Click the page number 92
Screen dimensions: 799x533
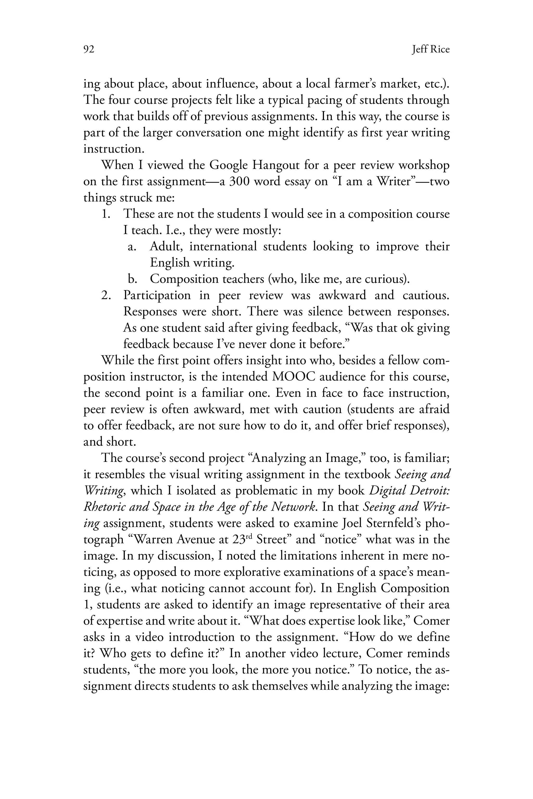pyautogui.click(x=88, y=50)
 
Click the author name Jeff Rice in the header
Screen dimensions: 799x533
pyautogui.click(x=430, y=50)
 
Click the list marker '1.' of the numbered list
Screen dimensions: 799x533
pyautogui.click(x=106, y=214)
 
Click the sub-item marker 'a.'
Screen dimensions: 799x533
pyautogui.click(x=132, y=246)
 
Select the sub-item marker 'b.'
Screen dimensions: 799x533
pyautogui.click(x=132, y=279)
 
